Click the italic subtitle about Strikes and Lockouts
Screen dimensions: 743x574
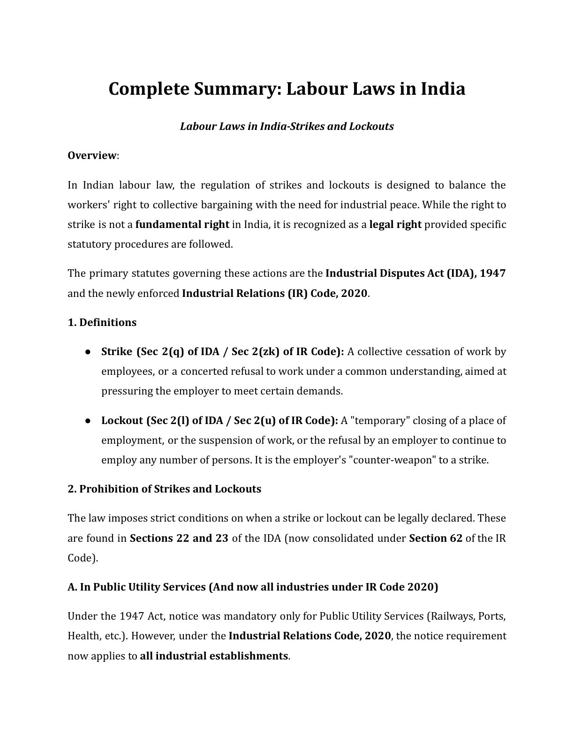click(287, 126)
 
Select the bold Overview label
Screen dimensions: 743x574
click(91, 155)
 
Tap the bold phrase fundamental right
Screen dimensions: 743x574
click(182, 224)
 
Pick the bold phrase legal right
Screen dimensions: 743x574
click(395, 224)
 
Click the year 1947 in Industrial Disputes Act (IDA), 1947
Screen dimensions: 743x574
click(493, 273)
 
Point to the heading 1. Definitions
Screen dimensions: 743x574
click(102, 322)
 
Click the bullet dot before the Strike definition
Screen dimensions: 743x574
click(88, 352)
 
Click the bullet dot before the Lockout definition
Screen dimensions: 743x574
click(88, 421)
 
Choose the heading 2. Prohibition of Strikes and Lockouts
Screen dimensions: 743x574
click(164, 489)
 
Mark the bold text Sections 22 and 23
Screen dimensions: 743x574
click(179, 538)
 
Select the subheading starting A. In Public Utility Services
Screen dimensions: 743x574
click(252, 587)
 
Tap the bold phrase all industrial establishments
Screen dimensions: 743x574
click(214, 656)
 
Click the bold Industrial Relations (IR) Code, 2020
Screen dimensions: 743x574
click(274, 294)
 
